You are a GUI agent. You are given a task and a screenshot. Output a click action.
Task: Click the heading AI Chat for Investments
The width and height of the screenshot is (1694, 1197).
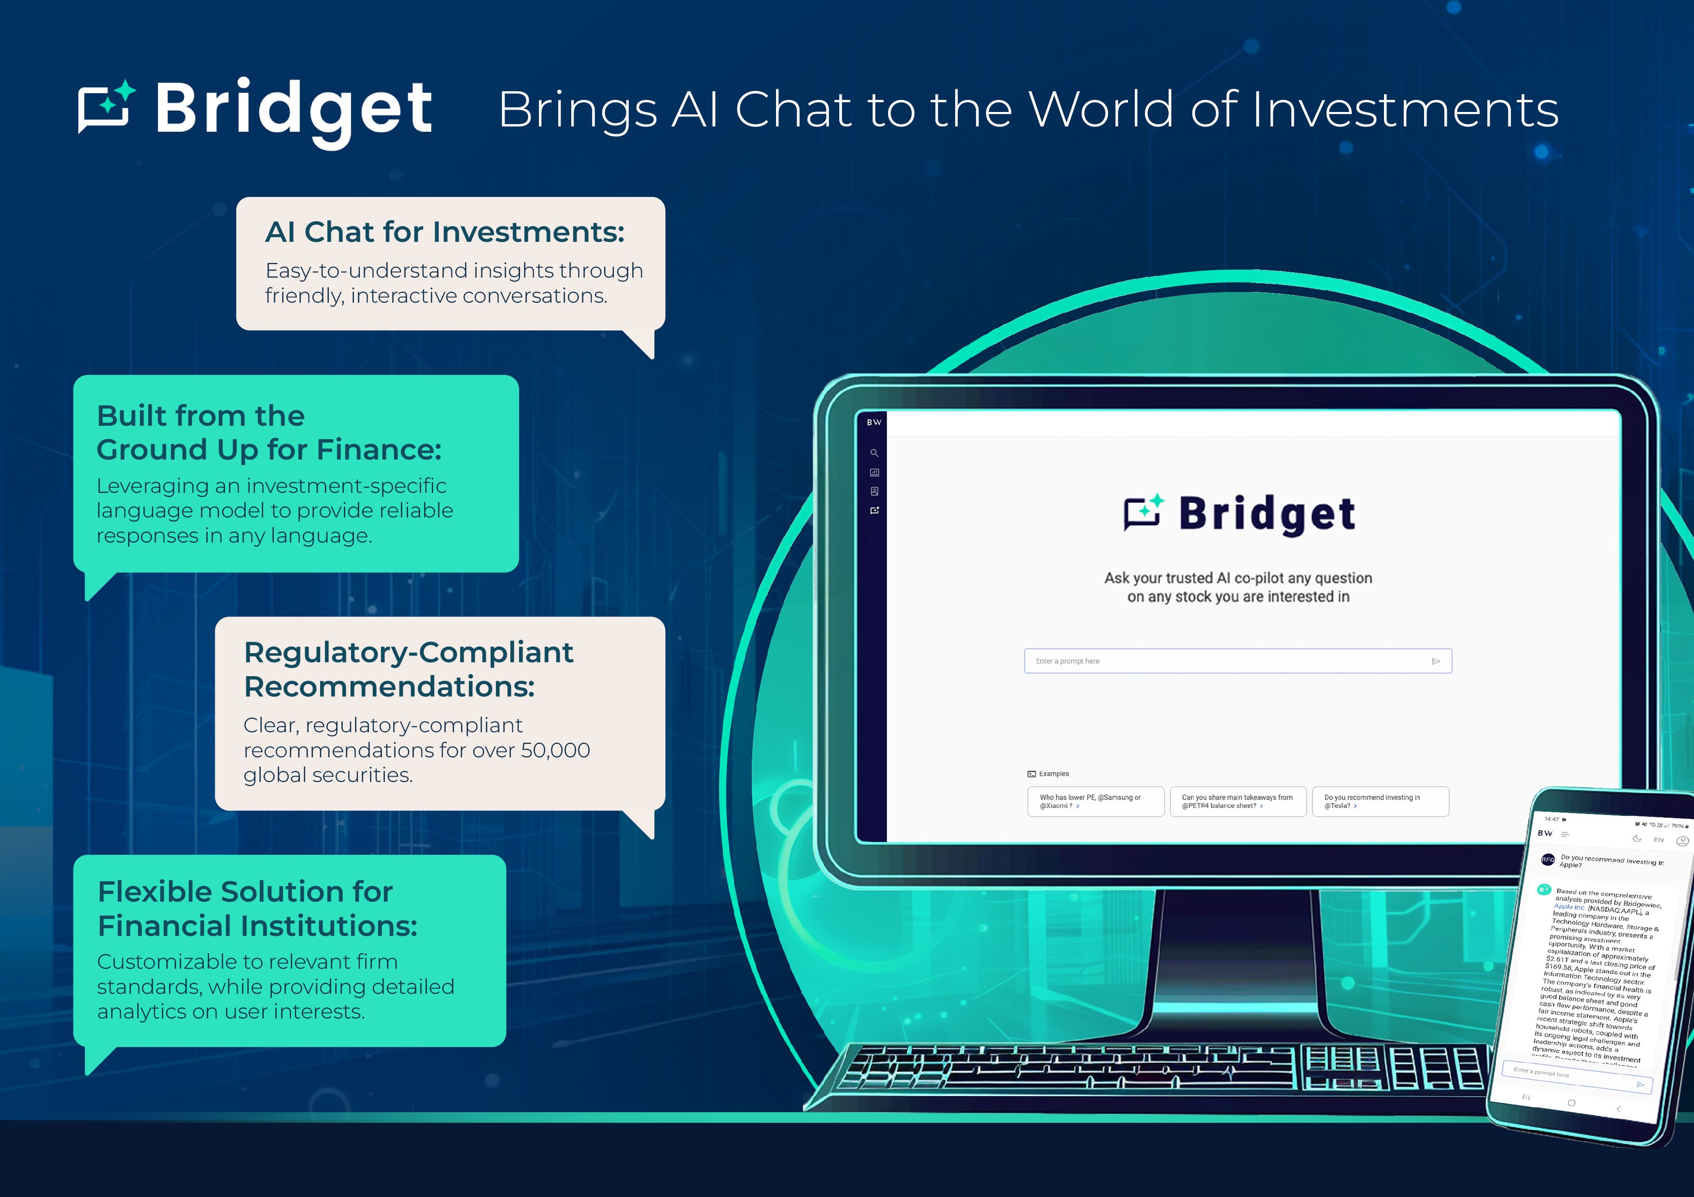point(445,232)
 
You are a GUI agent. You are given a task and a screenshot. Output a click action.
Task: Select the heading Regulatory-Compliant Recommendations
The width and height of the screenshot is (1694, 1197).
point(408,669)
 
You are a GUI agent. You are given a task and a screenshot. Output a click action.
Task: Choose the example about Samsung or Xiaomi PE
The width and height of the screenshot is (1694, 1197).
point(1095,802)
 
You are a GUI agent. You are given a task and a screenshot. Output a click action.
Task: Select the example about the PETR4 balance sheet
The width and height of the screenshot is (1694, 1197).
point(1237,802)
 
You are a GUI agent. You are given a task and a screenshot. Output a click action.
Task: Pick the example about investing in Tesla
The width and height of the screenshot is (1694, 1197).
point(1380,802)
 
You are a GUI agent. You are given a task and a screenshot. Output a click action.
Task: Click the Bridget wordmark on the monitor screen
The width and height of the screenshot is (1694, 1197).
point(1267,514)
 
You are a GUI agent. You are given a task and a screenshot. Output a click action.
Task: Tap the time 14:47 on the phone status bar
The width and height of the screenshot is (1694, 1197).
point(1552,819)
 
